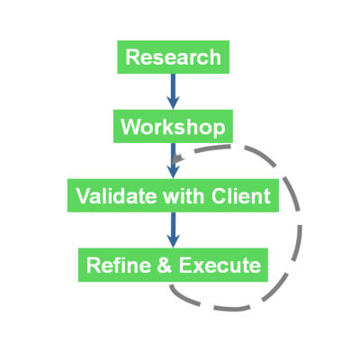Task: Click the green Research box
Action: (174, 57)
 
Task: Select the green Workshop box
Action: (173, 126)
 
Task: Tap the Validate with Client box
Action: (173, 195)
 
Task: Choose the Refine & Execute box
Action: (173, 265)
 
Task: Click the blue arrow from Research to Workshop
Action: (173, 92)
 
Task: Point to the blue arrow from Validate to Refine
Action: (173, 230)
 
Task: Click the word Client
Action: (240, 195)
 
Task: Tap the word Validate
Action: (116, 195)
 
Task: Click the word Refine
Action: (119, 265)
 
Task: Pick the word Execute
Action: (220, 265)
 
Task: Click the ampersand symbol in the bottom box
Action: (165, 265)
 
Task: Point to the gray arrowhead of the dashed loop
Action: (178, 158)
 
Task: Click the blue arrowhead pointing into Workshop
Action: (173, 103)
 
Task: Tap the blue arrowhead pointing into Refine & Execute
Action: (173, 241)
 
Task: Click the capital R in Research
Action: (132, 57)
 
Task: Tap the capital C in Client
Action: (219, 195)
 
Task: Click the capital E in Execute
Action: (186, 265)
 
